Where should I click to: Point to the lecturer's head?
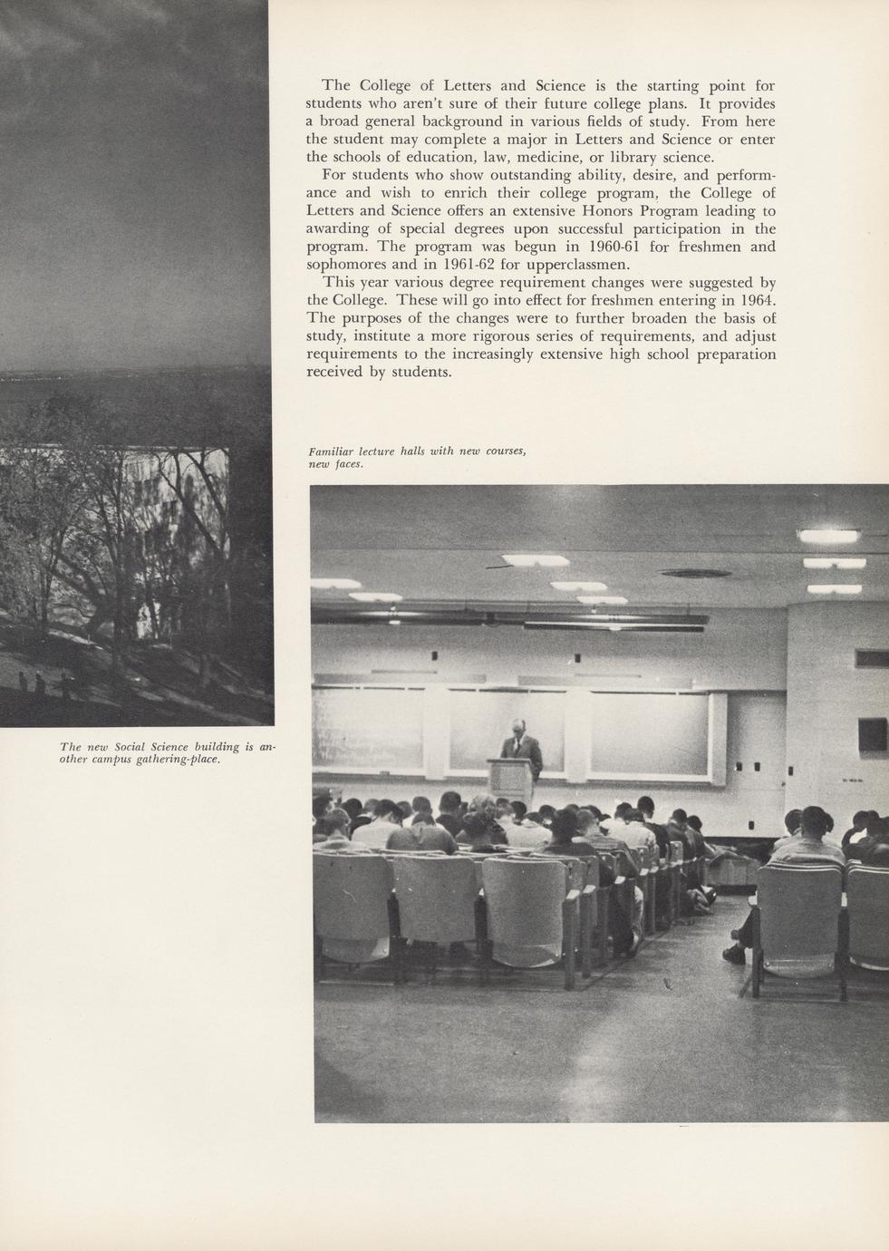point(517,727)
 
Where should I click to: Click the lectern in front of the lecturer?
point(512,780)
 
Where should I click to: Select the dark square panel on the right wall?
point(872,733)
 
